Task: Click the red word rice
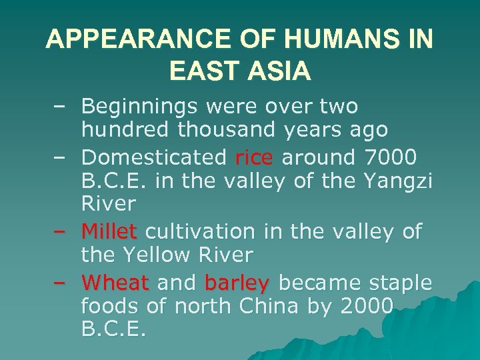click(x=254, y=157)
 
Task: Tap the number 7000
click(x=391, y=157)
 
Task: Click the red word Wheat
click(x=115, y=283)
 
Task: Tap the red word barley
click(x=237, y=283)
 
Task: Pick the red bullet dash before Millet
click(x=59, y=231)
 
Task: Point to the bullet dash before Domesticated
click(x=59, y=158)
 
